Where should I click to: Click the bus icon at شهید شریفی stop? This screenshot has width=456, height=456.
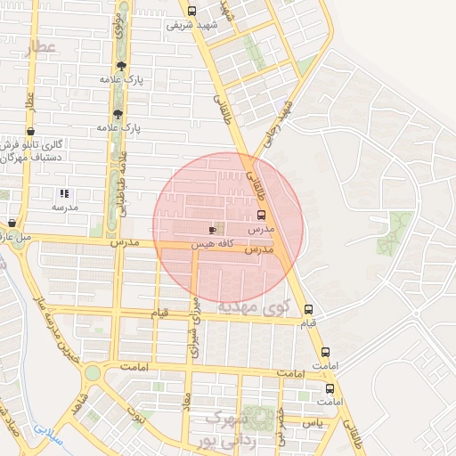coord(192,11)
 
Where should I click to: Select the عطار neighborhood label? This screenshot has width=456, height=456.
coord(40,47)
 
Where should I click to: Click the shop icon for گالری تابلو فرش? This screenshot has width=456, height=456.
coord(31,131)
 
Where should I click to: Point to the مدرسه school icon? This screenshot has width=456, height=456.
coord(63,193)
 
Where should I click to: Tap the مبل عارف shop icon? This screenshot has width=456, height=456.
coord(12,224)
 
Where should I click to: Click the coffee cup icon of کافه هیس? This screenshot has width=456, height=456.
coord(211,230)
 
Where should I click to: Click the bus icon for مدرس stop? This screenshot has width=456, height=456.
coord(261,215)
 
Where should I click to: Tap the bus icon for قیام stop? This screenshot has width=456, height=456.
coord(309,309)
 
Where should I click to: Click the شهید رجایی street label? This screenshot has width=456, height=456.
coord(277,124)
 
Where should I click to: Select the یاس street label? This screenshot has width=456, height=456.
coord(311,421)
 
